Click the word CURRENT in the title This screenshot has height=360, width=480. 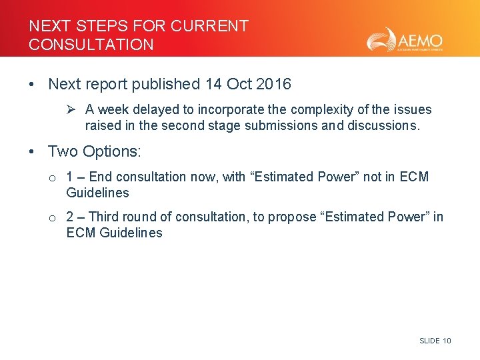(209, 26)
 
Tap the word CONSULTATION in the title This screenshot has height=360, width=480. (91, 45)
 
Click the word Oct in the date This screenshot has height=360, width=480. (239, 84)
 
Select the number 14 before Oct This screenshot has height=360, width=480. (213, 84)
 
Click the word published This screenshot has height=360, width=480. (166, 84)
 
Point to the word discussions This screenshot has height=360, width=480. (383, 125)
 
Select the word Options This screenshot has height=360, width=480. (111, 151)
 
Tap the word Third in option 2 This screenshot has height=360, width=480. (103, 217)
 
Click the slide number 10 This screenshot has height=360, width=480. (447, 341)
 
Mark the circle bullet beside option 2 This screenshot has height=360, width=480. (51, 217)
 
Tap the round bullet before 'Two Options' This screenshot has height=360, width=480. (32, 152)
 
